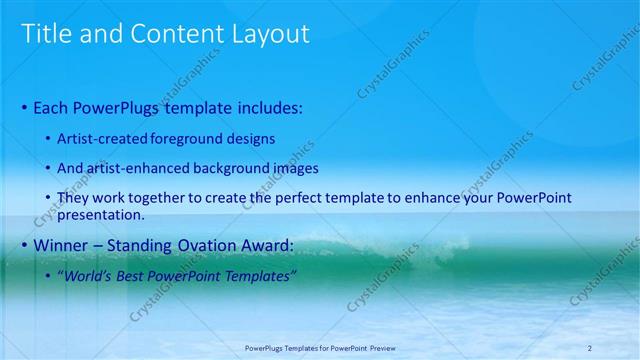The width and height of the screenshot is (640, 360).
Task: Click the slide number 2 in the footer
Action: [590, 347]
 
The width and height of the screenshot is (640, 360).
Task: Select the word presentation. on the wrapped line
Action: [102, 214]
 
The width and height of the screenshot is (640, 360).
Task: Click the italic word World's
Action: [91, 276]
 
